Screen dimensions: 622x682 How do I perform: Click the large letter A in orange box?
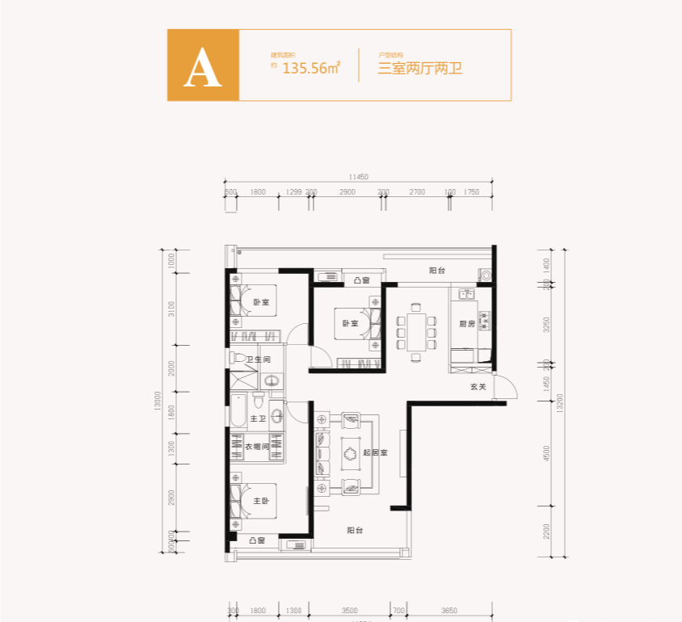coord(203,66)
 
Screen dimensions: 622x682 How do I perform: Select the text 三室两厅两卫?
coord(419,69)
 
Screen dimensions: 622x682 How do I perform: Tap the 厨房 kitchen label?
coord(466,324)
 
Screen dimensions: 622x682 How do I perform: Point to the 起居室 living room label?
coord(376,452)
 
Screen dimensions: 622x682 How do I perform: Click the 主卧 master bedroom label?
coord(260,501)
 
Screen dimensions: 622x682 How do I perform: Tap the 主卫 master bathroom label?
coord(258,418)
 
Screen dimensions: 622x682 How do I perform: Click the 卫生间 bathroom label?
coord(259,360)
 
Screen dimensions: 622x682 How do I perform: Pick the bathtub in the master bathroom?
coord(237,411)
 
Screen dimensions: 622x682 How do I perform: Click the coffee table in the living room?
coord(352,453)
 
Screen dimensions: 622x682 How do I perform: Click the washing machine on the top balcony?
coord(486,275)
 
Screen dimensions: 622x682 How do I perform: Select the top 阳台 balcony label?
coord(437,271)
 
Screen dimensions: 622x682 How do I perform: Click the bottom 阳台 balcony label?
coord(355,531)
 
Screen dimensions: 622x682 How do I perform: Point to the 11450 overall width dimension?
coord(359,177)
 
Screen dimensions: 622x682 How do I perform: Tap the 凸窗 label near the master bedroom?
coord(258,540)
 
